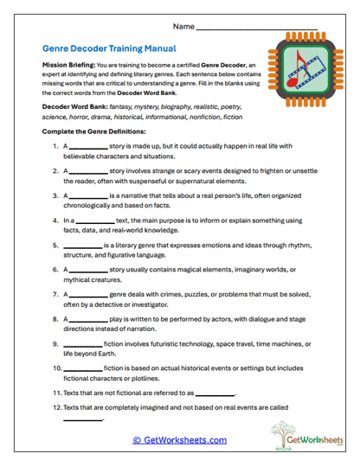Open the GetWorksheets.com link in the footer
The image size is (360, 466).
pos(180,440)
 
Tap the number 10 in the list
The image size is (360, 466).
pos(57,368)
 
